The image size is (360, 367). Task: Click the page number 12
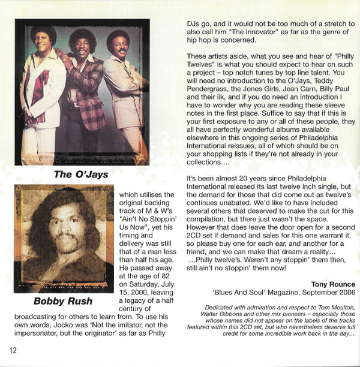[13, 350]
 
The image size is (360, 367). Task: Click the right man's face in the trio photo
[119, 47]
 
